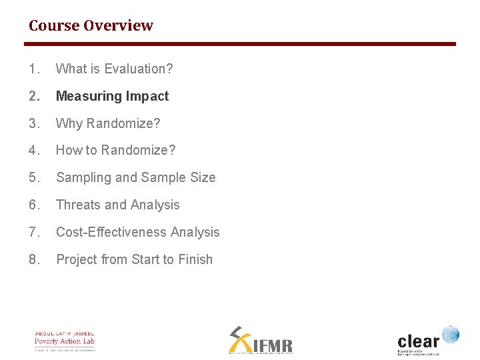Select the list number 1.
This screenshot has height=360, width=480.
coord(34,69)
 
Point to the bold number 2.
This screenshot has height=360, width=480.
coord(34,96)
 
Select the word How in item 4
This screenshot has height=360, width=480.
coord(69,151)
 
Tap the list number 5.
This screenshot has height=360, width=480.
coord(34,178)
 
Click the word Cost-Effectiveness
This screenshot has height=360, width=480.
coord(111,233)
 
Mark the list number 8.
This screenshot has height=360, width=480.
coord(34,260)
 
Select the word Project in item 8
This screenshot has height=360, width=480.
coord(77,260)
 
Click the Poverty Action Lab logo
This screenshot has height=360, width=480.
coord(65,341)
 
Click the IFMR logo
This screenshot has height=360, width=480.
coord(260,340)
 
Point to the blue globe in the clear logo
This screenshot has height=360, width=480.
coord(451,335)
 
